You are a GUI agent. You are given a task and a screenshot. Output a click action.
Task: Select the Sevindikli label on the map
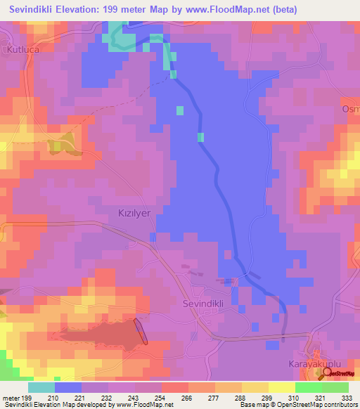point(205,304)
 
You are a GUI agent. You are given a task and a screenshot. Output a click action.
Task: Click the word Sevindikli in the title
point(39,9)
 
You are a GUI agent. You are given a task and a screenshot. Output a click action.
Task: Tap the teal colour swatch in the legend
point(41,387)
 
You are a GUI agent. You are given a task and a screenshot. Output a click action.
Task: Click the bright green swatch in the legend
point(308,387)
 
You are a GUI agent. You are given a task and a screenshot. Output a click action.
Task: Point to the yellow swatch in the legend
point(255,387)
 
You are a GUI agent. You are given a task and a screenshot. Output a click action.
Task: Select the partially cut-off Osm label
point(351,109)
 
